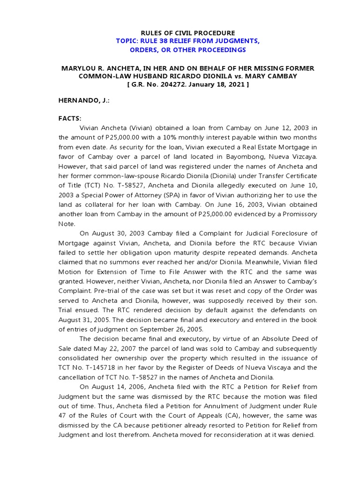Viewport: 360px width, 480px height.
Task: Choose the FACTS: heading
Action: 70,118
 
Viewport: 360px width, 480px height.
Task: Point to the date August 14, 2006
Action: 116,386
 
